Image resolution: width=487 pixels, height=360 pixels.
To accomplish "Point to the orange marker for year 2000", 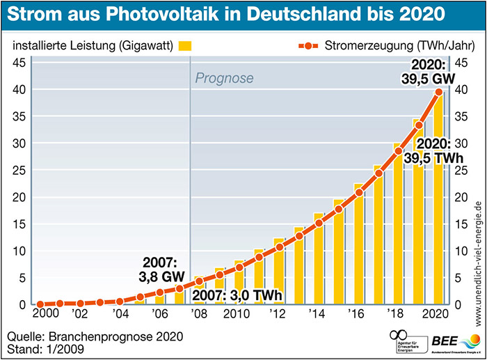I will [40, 304].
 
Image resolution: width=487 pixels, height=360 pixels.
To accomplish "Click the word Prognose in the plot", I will [224, 78].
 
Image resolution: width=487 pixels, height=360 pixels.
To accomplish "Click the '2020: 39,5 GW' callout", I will [426, 72].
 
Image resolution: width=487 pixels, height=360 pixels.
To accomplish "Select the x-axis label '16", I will [357, 313].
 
